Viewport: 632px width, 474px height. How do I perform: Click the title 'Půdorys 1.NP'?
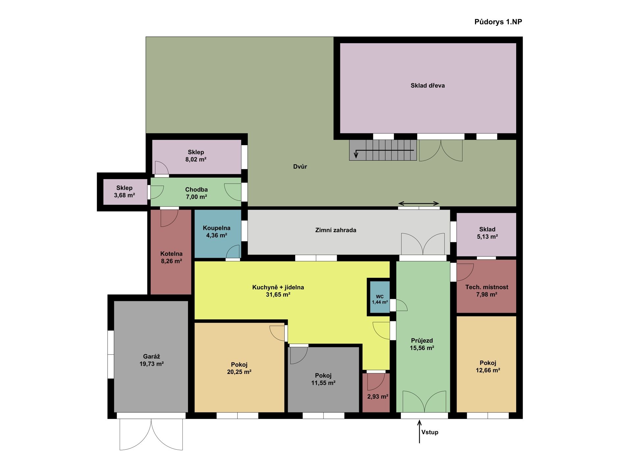coord(498,22)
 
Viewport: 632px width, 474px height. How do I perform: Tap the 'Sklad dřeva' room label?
coord(428,86)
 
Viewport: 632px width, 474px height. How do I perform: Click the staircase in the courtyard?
coord(383,150)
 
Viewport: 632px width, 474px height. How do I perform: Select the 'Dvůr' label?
coord(300,167)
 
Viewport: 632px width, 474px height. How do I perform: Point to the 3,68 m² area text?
coord(124,195)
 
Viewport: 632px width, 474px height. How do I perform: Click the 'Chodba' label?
coord(196,190)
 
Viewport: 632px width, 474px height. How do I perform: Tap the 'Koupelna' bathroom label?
coord(217,228)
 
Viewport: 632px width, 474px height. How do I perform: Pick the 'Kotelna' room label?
coord(171,254)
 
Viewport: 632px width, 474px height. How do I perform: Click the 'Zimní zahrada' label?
coord(336,230)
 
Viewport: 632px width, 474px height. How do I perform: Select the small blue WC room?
coord(380,297)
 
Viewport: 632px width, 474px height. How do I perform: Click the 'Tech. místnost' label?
coord(487,287)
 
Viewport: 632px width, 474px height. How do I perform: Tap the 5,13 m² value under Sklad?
coord(487,237)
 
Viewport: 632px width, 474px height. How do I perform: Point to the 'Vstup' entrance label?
coord(430,432)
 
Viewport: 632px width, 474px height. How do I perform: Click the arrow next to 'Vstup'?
coord(419,431)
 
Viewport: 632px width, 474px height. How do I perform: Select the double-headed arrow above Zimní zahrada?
coord(419,203)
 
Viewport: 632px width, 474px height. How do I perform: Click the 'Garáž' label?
coord(151,356)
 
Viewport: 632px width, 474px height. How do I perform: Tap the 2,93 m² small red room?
coord(376,392)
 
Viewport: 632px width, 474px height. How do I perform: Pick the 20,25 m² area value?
coord(239,372)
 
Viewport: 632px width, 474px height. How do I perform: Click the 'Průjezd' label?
coord(422,341)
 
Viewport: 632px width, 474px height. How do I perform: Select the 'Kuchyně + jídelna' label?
coord(278,287)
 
